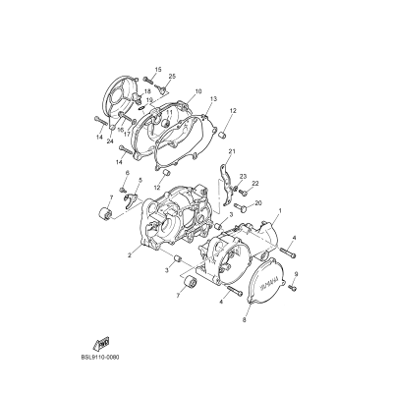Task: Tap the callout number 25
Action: [172, 77]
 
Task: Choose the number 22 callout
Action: [254, 184]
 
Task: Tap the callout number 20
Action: [258, 203]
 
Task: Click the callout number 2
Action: [129, 255]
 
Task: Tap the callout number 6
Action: [126, 173]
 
